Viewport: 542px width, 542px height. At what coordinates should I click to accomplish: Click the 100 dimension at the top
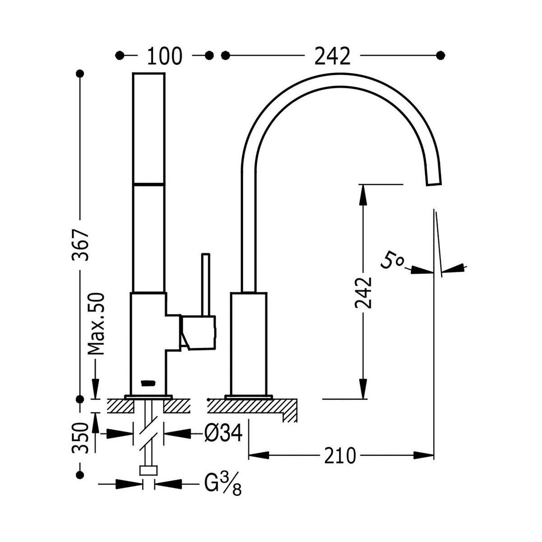tap(164, 56)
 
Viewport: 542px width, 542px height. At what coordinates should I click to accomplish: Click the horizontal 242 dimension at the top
tap(332, 56)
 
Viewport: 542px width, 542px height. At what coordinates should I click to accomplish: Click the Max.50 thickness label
tap(96, 324)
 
